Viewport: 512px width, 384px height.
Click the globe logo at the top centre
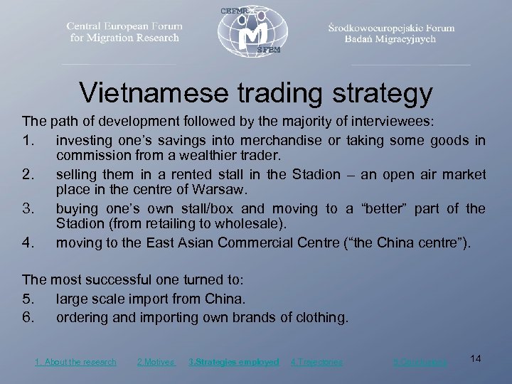(x=255, y=32)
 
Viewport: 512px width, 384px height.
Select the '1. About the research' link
(x=75, y=362)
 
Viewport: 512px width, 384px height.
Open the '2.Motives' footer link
(x=155, y=362)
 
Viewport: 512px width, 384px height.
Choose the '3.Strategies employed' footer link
(x=233, y=362)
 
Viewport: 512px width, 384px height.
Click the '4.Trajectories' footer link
(x=316, y=362)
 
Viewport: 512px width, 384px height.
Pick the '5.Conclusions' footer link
(x=420, y=362)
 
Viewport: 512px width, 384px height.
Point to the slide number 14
(x=476, y=358)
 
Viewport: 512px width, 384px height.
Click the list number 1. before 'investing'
(x=31, y=140)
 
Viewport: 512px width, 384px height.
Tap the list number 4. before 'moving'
(x=31, y=243)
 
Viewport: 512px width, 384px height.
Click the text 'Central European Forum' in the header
(x=124, y=26)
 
